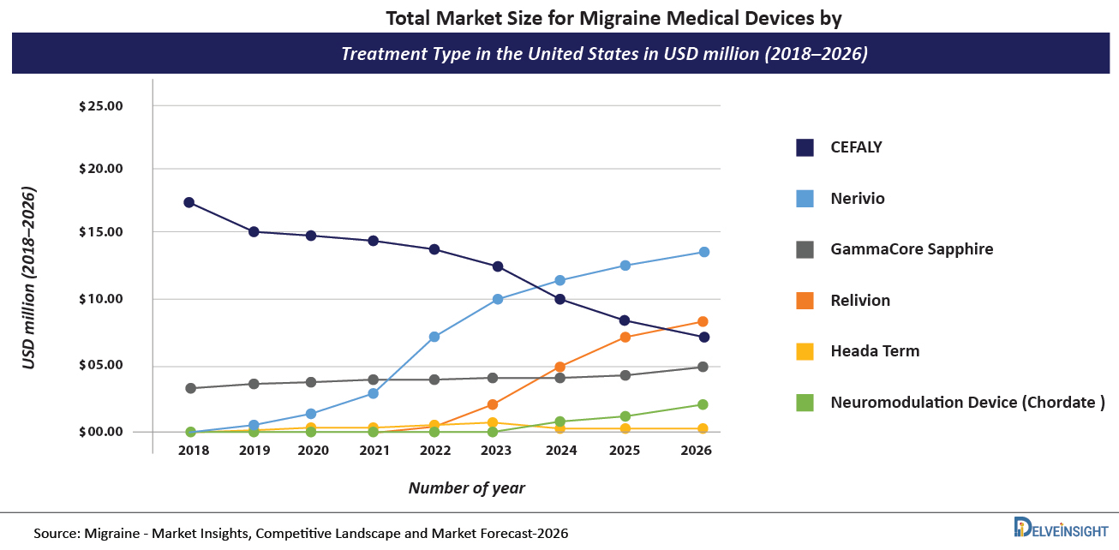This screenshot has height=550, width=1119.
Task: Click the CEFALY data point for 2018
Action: click(x=189, y=203)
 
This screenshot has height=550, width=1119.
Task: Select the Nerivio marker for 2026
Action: click(x=703, y=252)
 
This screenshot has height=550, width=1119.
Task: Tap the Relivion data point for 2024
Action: click(x=559, y=368)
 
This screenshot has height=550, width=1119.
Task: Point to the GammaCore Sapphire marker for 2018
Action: click(x=189, y=388)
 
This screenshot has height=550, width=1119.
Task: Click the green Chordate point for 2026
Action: click(x=703, y=404)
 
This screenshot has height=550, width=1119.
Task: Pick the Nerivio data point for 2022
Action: click(x=434, y=337)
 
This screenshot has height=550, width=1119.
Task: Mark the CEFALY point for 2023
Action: click(x=498, y=266)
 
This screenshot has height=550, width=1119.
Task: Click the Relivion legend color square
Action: click(x=805, y=301)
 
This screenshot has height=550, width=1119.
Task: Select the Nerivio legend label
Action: click(x=857, y=199)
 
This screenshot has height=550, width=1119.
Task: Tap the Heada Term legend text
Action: click(x=874, y=351)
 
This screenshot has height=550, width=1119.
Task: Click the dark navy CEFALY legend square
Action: click(x=805, y=147)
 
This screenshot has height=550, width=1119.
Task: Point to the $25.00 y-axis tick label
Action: click(x=101, y=106)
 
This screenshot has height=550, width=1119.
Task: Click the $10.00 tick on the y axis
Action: click(x=101, y=299)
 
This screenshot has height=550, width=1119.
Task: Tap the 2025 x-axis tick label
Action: click(x=625, y=451)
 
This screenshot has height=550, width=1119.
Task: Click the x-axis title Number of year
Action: click(x=466, y=488)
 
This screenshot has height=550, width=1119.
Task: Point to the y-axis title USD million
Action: click(x=29, y=278)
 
